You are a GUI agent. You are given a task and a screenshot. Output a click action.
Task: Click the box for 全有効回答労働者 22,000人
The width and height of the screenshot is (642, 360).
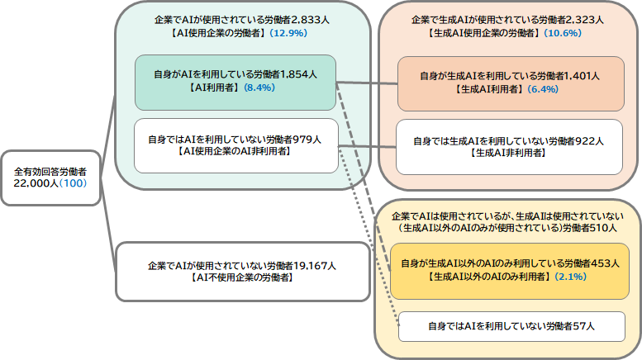51,178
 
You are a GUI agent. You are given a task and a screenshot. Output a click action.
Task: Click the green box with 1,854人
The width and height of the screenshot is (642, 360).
237,83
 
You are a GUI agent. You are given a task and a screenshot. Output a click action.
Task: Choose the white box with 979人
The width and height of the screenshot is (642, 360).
237,146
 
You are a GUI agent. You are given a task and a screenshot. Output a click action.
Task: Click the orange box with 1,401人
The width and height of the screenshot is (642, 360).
510,83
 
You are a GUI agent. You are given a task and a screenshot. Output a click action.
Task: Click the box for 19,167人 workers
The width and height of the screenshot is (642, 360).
241,271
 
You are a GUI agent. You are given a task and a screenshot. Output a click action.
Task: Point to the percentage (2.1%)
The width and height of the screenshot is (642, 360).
571,277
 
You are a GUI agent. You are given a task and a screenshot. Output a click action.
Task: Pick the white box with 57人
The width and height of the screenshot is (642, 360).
510,326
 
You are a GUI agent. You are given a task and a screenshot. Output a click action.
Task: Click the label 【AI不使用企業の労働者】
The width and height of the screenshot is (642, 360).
241,277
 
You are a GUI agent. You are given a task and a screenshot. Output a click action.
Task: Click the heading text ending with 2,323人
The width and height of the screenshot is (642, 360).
507,20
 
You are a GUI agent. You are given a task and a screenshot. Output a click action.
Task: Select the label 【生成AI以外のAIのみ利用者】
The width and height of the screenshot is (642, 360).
488,277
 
